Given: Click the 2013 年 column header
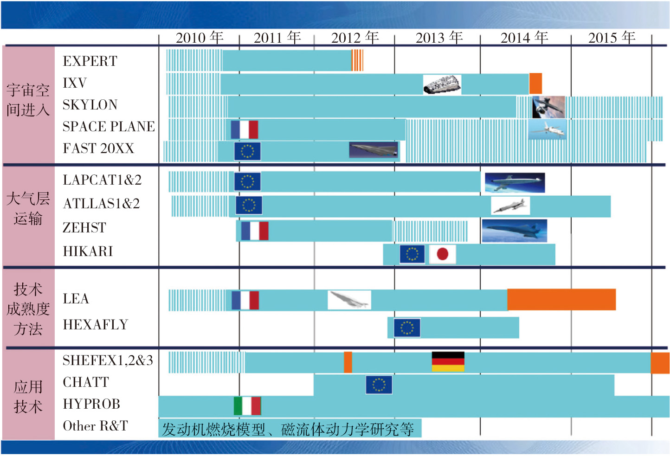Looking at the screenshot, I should pos(439,38).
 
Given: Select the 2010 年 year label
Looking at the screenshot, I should pos(200,38).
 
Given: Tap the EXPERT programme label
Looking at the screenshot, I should pos(90,61).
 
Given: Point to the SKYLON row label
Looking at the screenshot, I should pos(90,105).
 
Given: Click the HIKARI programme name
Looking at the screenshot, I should pos(88,251).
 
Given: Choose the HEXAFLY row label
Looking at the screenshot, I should pos(95,325).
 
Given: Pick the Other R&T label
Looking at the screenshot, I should pos(95,426).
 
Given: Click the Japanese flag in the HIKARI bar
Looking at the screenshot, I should pos(442,254).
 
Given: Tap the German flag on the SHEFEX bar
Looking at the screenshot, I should pos(448,362).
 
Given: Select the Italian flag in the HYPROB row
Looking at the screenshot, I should pos(247,406).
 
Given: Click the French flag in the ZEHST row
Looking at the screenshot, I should pos(255,231).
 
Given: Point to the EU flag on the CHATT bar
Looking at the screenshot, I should pos(379,385).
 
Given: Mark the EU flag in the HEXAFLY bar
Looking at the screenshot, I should pos(407,328).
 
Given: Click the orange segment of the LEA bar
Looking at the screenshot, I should pos(561,300).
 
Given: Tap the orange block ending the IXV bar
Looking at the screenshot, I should pos(535,83).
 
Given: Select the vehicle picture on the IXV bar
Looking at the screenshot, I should pos(442,84).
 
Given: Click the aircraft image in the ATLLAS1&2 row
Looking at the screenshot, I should pos(510,206).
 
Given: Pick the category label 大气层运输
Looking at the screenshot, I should pos(28,209).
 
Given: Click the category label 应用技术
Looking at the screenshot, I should pos(28,397).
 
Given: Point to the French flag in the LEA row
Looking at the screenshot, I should pos(245,300).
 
